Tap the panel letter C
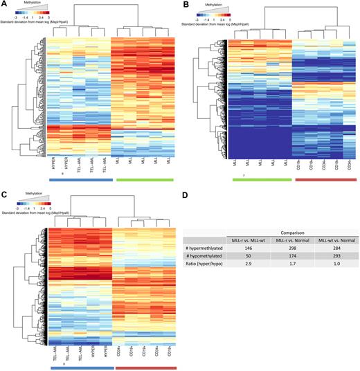click(3, 190)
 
